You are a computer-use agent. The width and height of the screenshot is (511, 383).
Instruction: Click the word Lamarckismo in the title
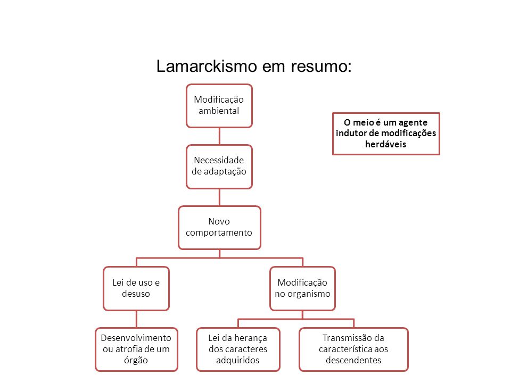[207, 66]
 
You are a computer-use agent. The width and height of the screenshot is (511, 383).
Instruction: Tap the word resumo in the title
[322, 66]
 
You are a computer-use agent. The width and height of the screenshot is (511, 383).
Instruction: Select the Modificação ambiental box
[219, 106]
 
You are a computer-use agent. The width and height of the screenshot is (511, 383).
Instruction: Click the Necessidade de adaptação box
[219, 166]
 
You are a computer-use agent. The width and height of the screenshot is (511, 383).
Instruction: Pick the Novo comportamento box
[219, 228]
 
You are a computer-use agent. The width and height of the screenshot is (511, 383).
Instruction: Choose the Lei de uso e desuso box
[136, 288]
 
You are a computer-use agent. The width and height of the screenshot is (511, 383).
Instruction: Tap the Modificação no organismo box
[302, 288]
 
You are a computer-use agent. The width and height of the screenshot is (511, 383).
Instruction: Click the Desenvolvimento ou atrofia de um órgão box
[136, 349]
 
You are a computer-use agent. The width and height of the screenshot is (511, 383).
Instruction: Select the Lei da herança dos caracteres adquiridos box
[238, 349]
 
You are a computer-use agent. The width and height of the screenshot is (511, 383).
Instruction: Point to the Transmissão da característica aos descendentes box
[353, 349]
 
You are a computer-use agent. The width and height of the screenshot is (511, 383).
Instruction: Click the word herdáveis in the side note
[385, 144]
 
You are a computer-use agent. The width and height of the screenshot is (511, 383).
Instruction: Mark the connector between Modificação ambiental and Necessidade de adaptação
[219, 136]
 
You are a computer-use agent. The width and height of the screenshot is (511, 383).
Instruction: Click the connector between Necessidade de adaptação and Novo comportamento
[219, 197]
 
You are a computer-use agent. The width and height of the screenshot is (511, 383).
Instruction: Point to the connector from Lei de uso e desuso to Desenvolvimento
[136, 319]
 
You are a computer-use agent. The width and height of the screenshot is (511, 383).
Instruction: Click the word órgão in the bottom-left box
[136, 360]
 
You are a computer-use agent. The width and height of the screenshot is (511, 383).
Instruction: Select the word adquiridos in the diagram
[237, 360]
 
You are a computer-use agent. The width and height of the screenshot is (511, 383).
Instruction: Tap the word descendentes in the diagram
[353, 360]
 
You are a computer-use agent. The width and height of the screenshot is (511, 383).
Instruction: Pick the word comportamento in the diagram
[219, 233]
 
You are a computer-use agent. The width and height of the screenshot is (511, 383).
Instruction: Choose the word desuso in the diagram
[136, 294]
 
